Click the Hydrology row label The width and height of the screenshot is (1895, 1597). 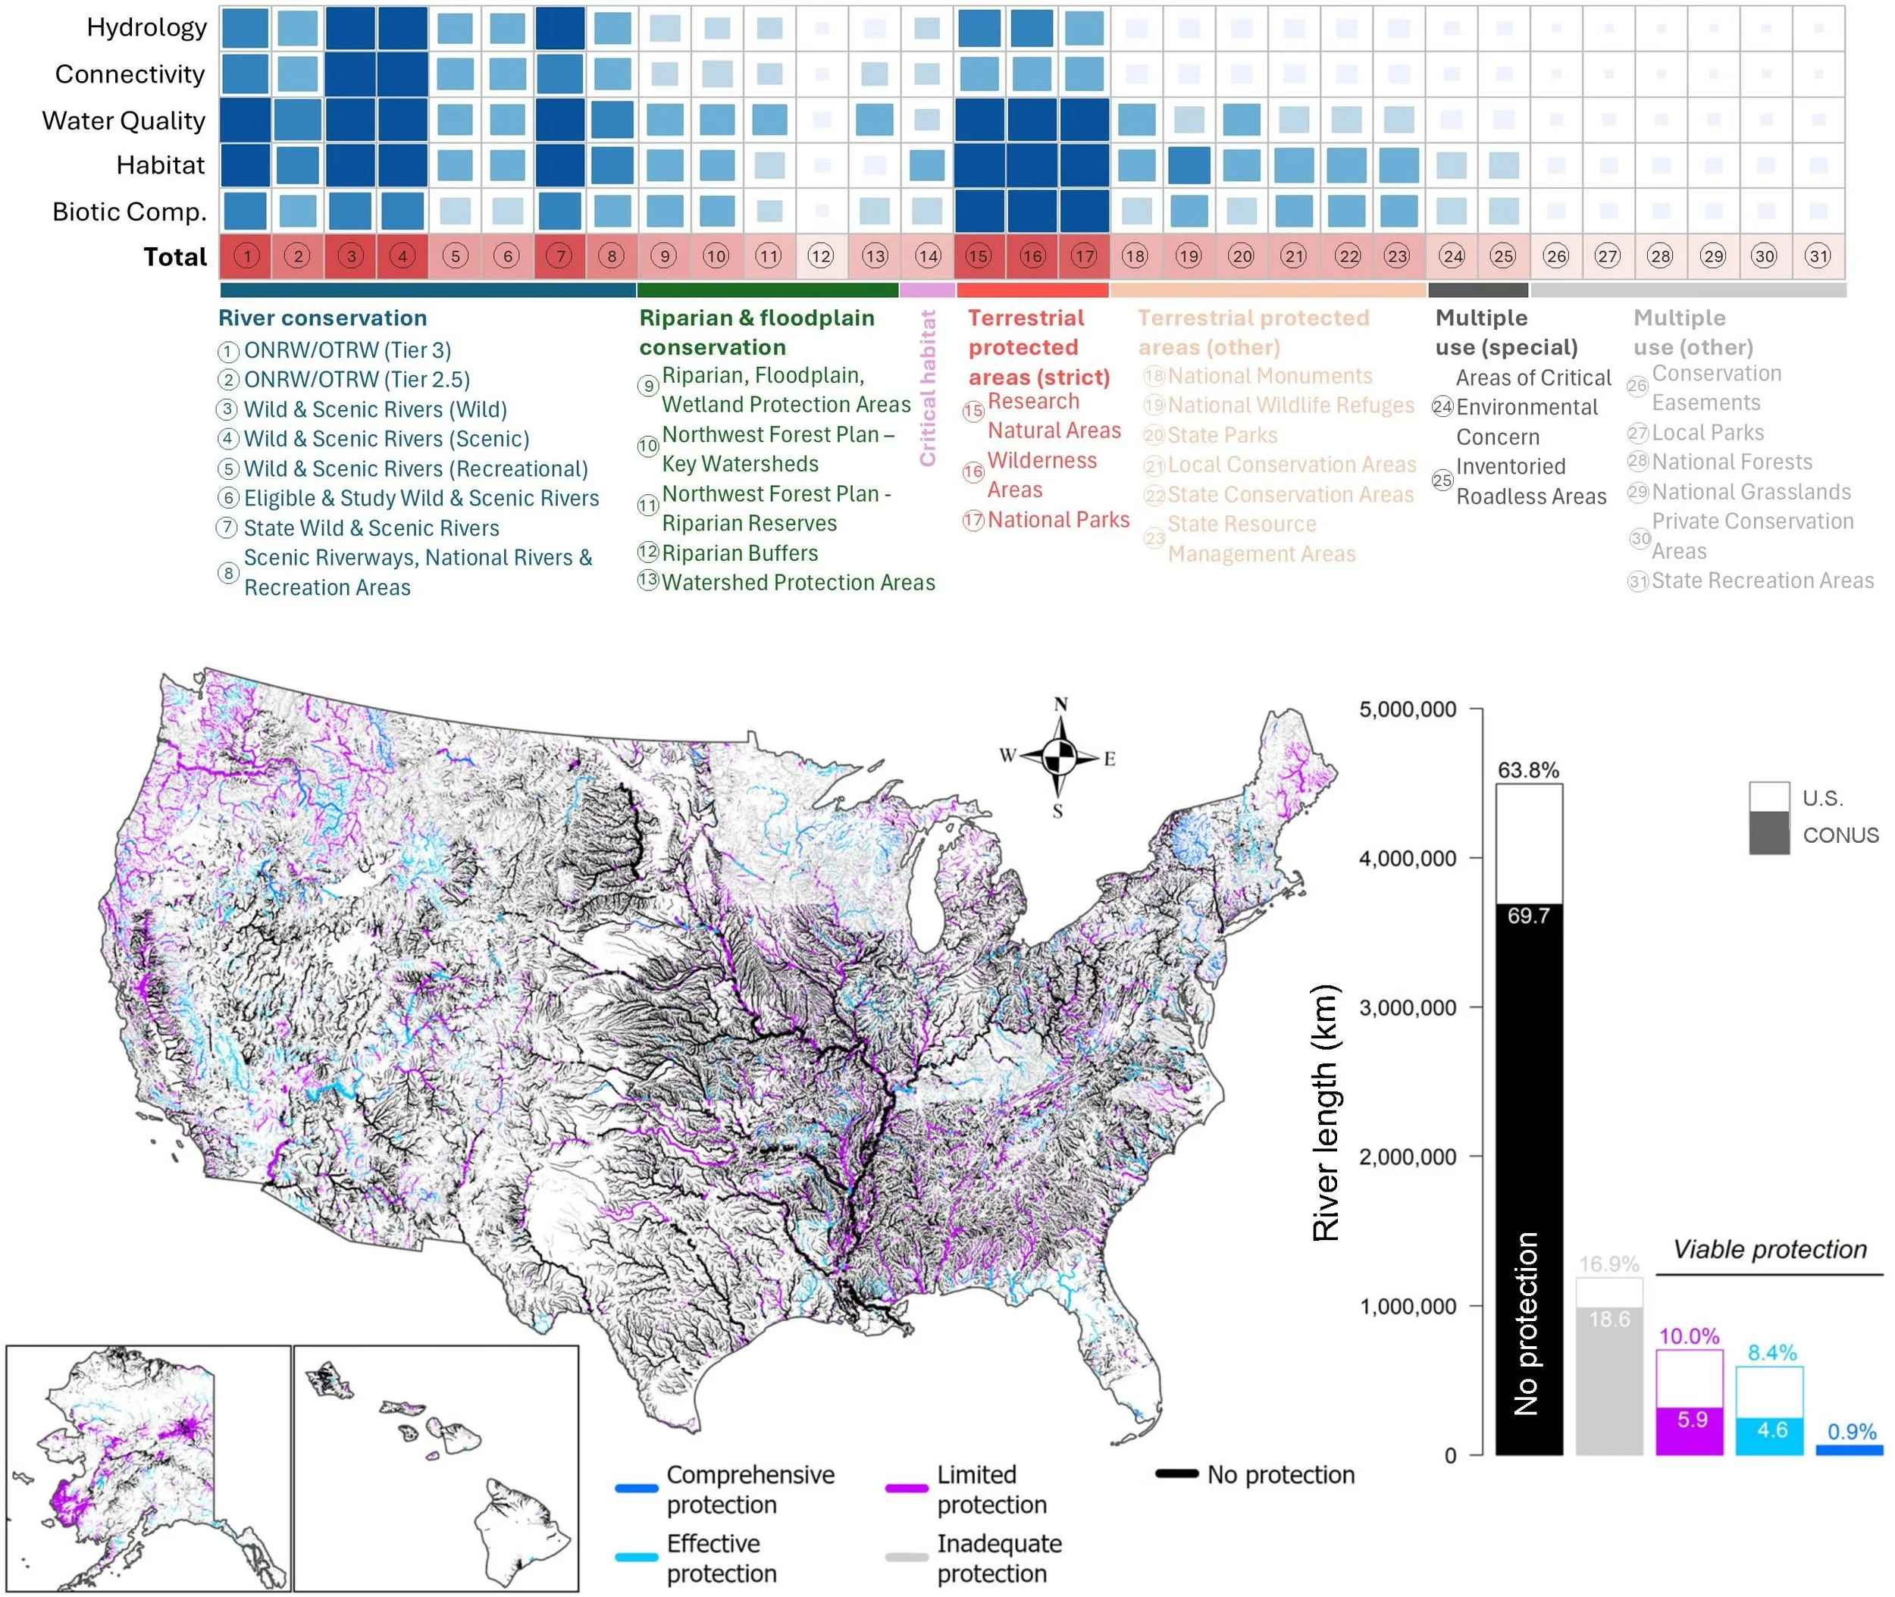pyautogui.click(x=147, y=27)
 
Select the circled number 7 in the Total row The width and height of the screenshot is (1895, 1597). pyautogui.click(x=560, y=256)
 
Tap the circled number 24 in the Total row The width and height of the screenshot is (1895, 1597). pyautogui.click(x=1452, y=256)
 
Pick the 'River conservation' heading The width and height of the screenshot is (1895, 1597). pyautogui.click(x=322, y=318)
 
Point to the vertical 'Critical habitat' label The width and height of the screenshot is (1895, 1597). pyautogui.click(x=927, y=388)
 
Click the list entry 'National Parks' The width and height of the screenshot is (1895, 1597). pyautogui.click(x=1057, y=520)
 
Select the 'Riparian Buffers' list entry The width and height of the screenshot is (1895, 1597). pyautogui.click(x=739, y=553)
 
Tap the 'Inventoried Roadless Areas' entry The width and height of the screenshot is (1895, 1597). pyautogui.click(x=1530, y=481)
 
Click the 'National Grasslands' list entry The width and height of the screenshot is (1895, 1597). pyautogui.click(x=1750, y=492)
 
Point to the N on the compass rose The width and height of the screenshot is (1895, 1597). pyautogui.click(x=1061, y=704)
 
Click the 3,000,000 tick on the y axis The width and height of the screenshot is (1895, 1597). pyautogui.click(x=1407, y=1007)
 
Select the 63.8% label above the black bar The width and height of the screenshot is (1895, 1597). pyautogui.click(x=1528, y=770)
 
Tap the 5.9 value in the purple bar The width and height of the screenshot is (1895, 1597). pyautogui.click(x=1691, y=1420)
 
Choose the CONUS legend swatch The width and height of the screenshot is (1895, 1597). pyautogui.click(x=1768, y=833)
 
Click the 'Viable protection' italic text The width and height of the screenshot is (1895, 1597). pyautogui.click(x=1769, y=1249)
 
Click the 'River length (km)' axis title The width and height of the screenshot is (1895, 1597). pyautogui.click(x=1326, y=1112)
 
